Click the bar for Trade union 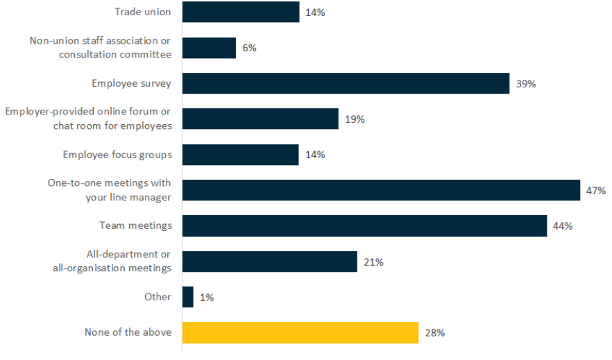click(240, 12)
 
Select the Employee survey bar click(346, 83)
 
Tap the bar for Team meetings click(364, 225)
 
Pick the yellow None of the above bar click(300, 332)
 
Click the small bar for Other click(187, 297)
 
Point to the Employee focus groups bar click(240, 155)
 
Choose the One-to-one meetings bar click(381, 190)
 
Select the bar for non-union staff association click(209, 48)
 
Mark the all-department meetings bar click(269, 262)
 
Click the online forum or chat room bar click(260, 119)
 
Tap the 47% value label click(596, 190)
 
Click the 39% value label click(525, 84)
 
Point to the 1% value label click(207, 298)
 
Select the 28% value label click(434, 333)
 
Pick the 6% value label click(249, 48)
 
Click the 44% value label click(562, 226)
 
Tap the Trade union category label click(142, 12)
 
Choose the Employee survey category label click(131, 83)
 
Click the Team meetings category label click(136, 225)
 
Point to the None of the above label click(127, 332)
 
